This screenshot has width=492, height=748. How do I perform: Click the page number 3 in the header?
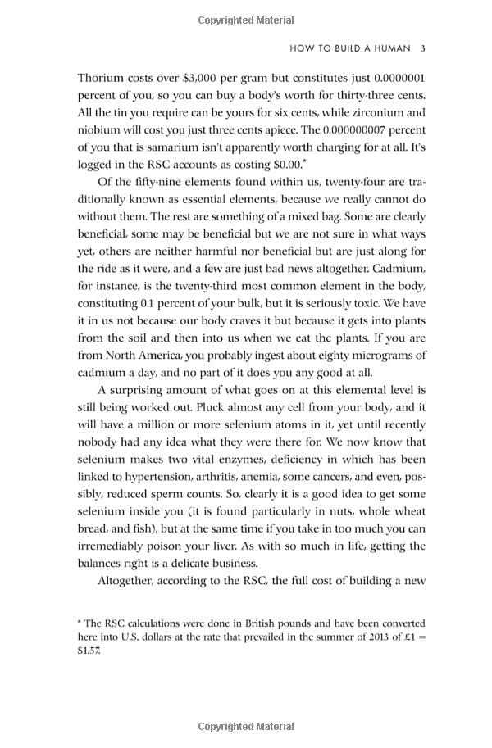click(x=422, y=48)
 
